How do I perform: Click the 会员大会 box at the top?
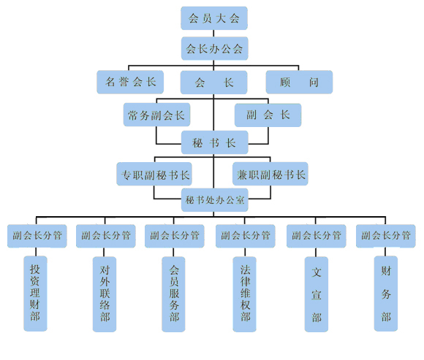(214, 18)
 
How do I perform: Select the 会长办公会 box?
(214, 48)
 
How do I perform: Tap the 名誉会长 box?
(130, 82)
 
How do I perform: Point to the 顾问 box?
(299, 82)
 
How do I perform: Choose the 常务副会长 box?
(156, 115)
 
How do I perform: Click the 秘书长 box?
(214, 142)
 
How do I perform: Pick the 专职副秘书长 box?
(154, 174)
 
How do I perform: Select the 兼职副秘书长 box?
(270, 174)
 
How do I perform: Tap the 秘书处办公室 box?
(214, 200)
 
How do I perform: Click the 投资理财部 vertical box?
(35, 294)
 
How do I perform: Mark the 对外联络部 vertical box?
(105, 294)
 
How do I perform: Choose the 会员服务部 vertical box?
(173, 294)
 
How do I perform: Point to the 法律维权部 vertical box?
(244, 294)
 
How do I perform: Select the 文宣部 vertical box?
(316, 294)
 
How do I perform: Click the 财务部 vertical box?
(385, 294)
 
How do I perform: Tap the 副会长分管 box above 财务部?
(385, 236)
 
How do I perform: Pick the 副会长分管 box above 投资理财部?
(37, 236)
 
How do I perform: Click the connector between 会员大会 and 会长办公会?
(213, 33)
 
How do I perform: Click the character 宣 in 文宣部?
(317, 295)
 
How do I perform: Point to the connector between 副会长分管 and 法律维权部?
(245, 252)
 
